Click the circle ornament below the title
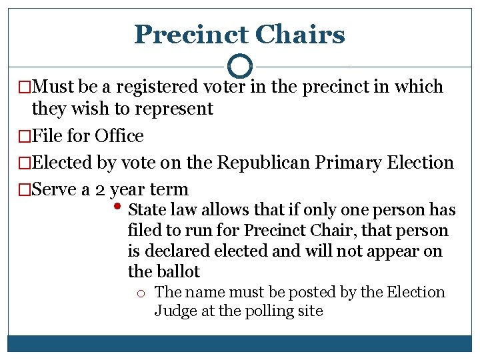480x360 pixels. [239, 66]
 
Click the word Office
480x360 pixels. [119, 136]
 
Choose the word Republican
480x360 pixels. [270, 163]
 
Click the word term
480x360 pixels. [169, 189]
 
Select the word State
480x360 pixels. [147, 210]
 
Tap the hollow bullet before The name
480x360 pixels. [144, 293]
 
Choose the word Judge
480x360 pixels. [174, 311]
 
